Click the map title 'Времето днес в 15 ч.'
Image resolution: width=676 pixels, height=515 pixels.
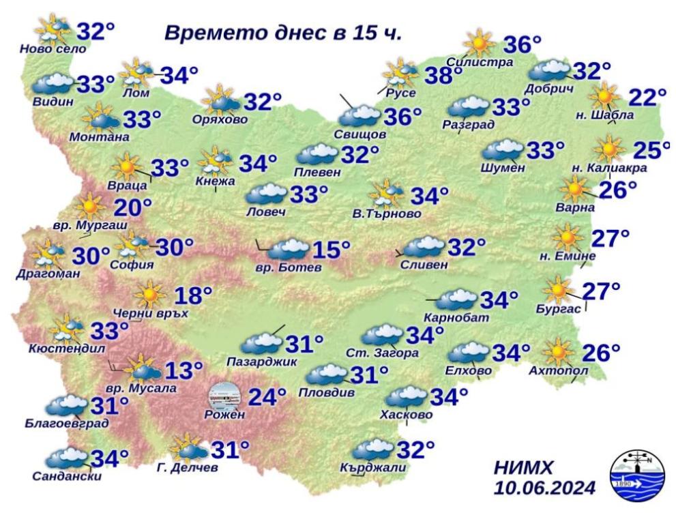(283, 33)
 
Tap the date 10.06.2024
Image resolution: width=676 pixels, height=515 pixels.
(544, 488)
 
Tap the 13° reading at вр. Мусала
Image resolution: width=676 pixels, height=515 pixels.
(184, 371)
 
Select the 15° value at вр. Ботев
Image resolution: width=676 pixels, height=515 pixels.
(331, 250)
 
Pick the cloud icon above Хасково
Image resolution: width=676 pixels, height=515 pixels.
(407, 396)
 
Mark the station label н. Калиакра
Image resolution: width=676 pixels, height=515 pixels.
(608, 168)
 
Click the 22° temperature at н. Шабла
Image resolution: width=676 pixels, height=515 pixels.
(647, 98)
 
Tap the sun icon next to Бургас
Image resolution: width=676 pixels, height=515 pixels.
(559, 291)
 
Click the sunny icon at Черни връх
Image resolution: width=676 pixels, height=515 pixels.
(149, 295)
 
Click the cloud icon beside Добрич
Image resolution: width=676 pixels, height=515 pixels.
(550, 70)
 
